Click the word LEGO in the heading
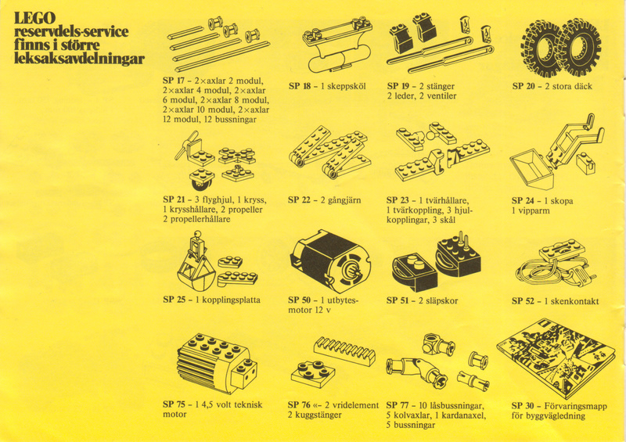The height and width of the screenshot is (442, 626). [34, 18]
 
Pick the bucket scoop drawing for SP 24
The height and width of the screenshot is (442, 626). [532, 168]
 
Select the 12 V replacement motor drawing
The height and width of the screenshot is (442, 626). [329, 261]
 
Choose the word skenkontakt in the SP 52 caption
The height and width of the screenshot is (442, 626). [575, 301]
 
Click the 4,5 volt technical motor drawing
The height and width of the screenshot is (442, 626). [217, 362]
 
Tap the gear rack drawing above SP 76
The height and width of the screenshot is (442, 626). [345, 350]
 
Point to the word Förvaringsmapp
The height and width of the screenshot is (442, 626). [575, 407]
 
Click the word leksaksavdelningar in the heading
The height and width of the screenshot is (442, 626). [79, 59]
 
